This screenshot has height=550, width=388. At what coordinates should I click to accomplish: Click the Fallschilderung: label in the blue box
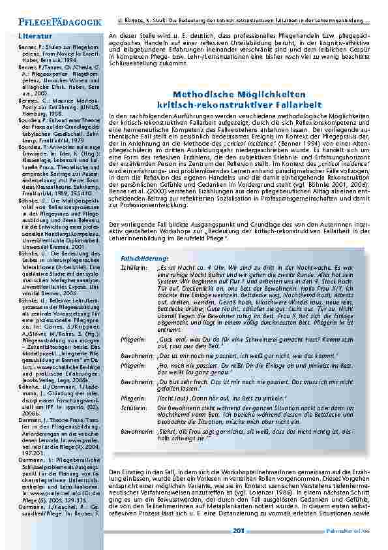[x=142, y=259]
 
